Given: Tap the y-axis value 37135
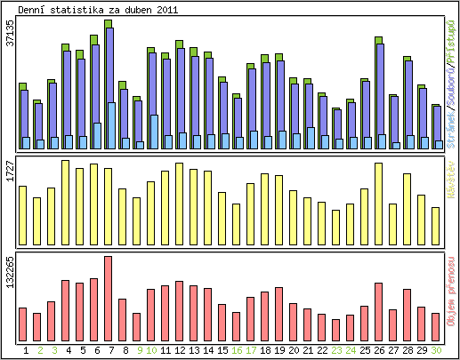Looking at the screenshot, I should [x=9, y=43].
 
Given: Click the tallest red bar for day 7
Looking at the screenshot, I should [x=108, y=298].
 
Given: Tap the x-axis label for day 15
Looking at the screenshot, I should [x=222, y=349].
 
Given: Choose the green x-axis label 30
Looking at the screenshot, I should [x=435, y=349].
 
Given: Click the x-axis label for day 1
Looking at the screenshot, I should [x=26, y=349].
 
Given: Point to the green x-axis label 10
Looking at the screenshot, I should [x=150, y=349].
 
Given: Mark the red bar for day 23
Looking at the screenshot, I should [x=335, y=329].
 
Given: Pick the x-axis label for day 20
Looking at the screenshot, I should [x=293, y=349].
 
